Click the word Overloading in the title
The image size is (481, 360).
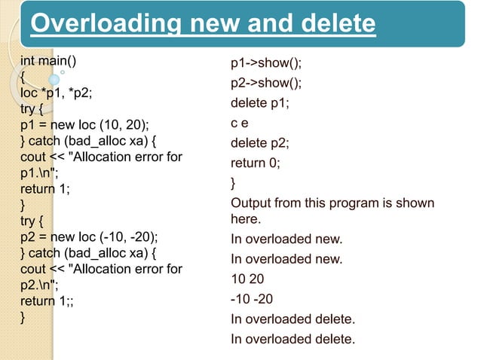click(x=103, y=24)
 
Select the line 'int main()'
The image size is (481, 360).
click(x=52, y=61)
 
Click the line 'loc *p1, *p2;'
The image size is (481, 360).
click(x=57, y=94)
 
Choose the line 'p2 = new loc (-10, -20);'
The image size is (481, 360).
click(x=90, y=236)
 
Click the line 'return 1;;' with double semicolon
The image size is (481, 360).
click(x=49, y=301)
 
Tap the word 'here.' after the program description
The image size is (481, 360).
click(x=246, y=220)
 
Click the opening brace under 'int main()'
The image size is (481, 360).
click(x=23, y=78)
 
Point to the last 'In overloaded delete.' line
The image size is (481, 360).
click(x=293, y=339)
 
